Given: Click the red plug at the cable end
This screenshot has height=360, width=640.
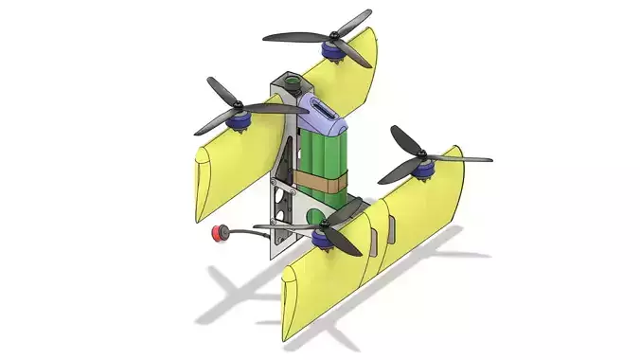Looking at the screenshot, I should coord(220,232).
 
